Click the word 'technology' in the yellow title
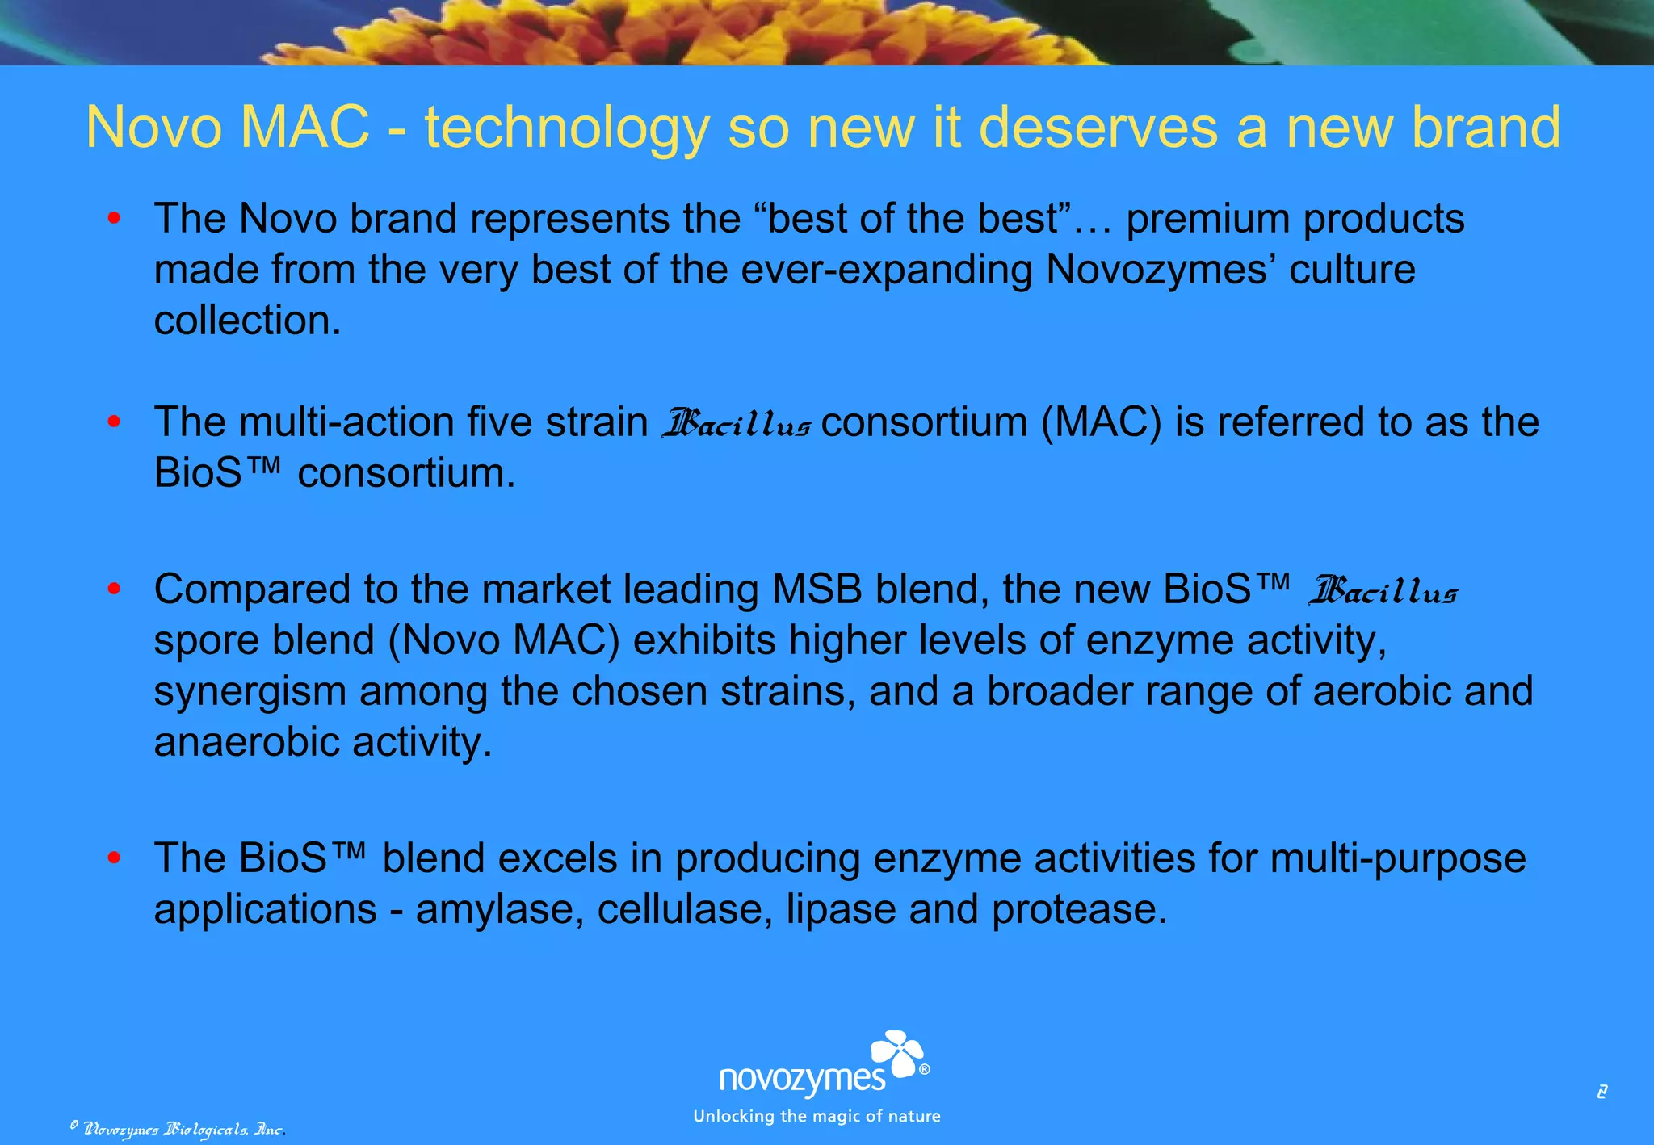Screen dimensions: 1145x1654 [566, 128]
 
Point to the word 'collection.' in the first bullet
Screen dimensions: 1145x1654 [247, 321]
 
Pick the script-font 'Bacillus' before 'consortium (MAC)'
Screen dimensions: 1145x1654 [736, 424]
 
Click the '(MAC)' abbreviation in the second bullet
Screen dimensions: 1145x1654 [1101, 422]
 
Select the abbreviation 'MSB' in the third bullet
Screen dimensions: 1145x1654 [817, 589]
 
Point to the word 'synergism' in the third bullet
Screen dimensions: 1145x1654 [250, 692]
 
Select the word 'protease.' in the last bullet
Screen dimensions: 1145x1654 [1079, 910]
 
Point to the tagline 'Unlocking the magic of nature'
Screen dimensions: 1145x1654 [817, 1117]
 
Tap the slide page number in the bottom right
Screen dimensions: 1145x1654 [1602, 1093]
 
